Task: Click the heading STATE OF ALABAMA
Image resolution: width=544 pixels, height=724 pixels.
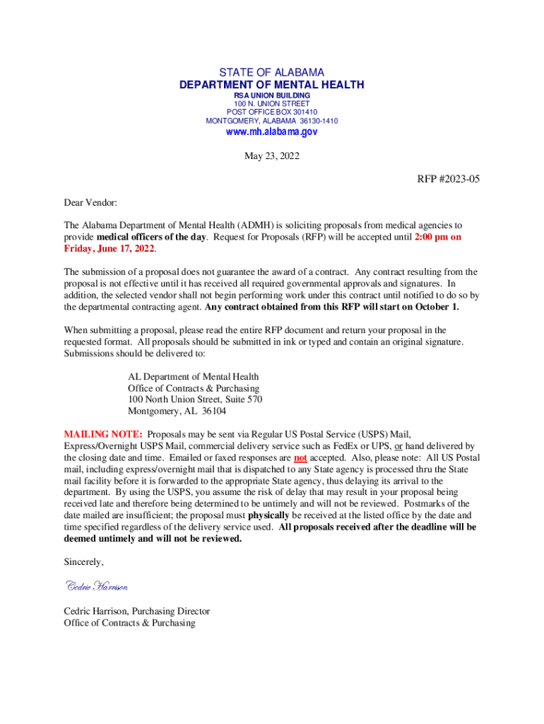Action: pyautogui.click(x=272, y=73)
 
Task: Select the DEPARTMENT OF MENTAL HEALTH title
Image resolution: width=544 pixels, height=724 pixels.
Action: pyautogui.click(x=272, y=86)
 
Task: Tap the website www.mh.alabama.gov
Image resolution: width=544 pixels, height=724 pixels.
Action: pyautogui.click(x=272, y=132)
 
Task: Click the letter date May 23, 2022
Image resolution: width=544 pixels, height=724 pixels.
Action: pyautogui.click(x=272, y=156)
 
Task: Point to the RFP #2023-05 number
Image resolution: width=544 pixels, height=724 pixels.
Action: pyautogui.click(x=448, y=179)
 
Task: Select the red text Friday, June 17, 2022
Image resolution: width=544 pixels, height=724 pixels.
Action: pyautogui.click(x=110, y=249)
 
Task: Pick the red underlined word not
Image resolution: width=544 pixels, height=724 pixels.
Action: pyautogui.click(x=300, y=457)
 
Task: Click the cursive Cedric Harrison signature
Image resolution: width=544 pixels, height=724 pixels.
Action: pyautogui.click(x=97, y=586)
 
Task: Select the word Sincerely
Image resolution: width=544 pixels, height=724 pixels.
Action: pyautogui.click(x=83, y=562)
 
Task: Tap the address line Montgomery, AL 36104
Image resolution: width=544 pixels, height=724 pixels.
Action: pyautogui.click(x=177, y=411)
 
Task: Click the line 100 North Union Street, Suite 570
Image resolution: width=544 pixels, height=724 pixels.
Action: pyautogui.click(x=195, y=400)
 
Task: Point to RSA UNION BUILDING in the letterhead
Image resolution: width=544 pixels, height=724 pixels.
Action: pyautogui.click(x=272, y=95)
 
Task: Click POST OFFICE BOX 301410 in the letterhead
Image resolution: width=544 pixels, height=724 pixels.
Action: pyautogui.click(x=272, y=112)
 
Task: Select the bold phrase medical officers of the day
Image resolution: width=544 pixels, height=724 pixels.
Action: pyautogui.click(x=151, y=238)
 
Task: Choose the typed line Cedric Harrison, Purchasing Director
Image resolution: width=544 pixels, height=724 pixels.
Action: pyautogui.click(x=137, y=611)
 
